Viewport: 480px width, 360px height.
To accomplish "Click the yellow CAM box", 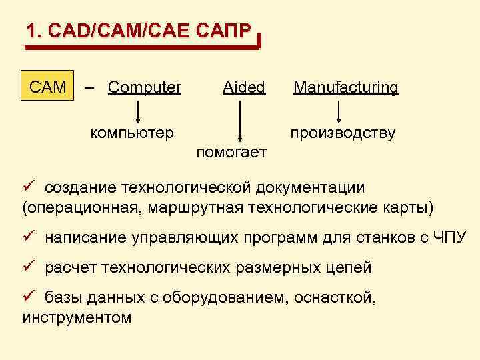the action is click(48, 87).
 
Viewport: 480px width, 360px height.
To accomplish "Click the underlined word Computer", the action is click(144, 87).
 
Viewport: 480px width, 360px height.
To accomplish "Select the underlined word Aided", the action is click(243, 87).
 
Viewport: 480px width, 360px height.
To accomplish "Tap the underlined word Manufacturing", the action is click(346, 87).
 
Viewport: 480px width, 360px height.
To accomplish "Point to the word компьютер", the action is click(133, 132).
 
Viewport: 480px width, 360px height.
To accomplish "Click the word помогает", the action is click(231, 153).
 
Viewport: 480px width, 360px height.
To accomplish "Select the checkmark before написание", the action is click(28, 236).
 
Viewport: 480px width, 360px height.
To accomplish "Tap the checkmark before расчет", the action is click(28, 267).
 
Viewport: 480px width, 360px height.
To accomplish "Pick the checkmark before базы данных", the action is click(28, 298).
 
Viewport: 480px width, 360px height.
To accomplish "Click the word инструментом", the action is click(77, 317).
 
